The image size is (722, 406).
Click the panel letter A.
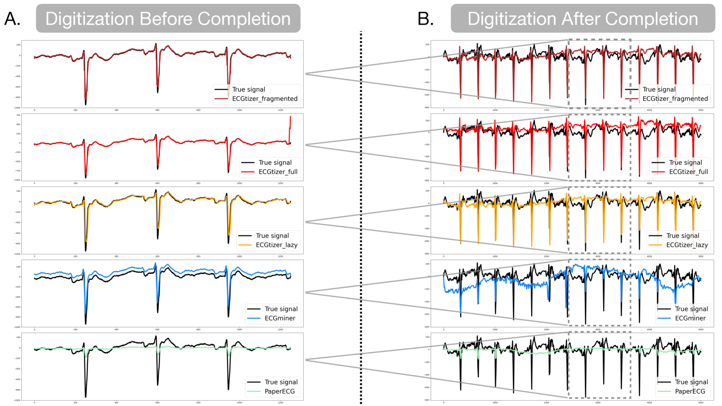(x=12, y=19)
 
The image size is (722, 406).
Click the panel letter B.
(x=425, y=19)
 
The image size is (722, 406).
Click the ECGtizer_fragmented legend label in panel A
(x=265, y=98)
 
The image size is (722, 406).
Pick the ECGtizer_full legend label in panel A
(x=278, y=172)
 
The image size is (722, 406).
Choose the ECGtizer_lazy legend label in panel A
(x=276, y=245)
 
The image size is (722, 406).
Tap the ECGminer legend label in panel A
(x=280, y=318)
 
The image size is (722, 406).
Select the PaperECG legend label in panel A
(x=280, y=391)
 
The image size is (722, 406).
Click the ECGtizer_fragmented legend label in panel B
(x=675, y=98)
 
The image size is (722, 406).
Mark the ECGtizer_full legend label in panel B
(x=688, y=172)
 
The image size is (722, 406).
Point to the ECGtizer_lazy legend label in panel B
(x=687, y=245)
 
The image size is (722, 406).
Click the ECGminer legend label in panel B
(x=690, y=318)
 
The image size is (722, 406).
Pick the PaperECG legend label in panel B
(x=690, y=391)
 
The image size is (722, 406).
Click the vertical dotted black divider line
(x=361, y=217)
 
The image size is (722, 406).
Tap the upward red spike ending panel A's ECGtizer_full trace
(x=290, y=126)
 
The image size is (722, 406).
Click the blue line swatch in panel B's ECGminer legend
(x=665, y=318)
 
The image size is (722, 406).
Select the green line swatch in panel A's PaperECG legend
(x=254, y=391)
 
